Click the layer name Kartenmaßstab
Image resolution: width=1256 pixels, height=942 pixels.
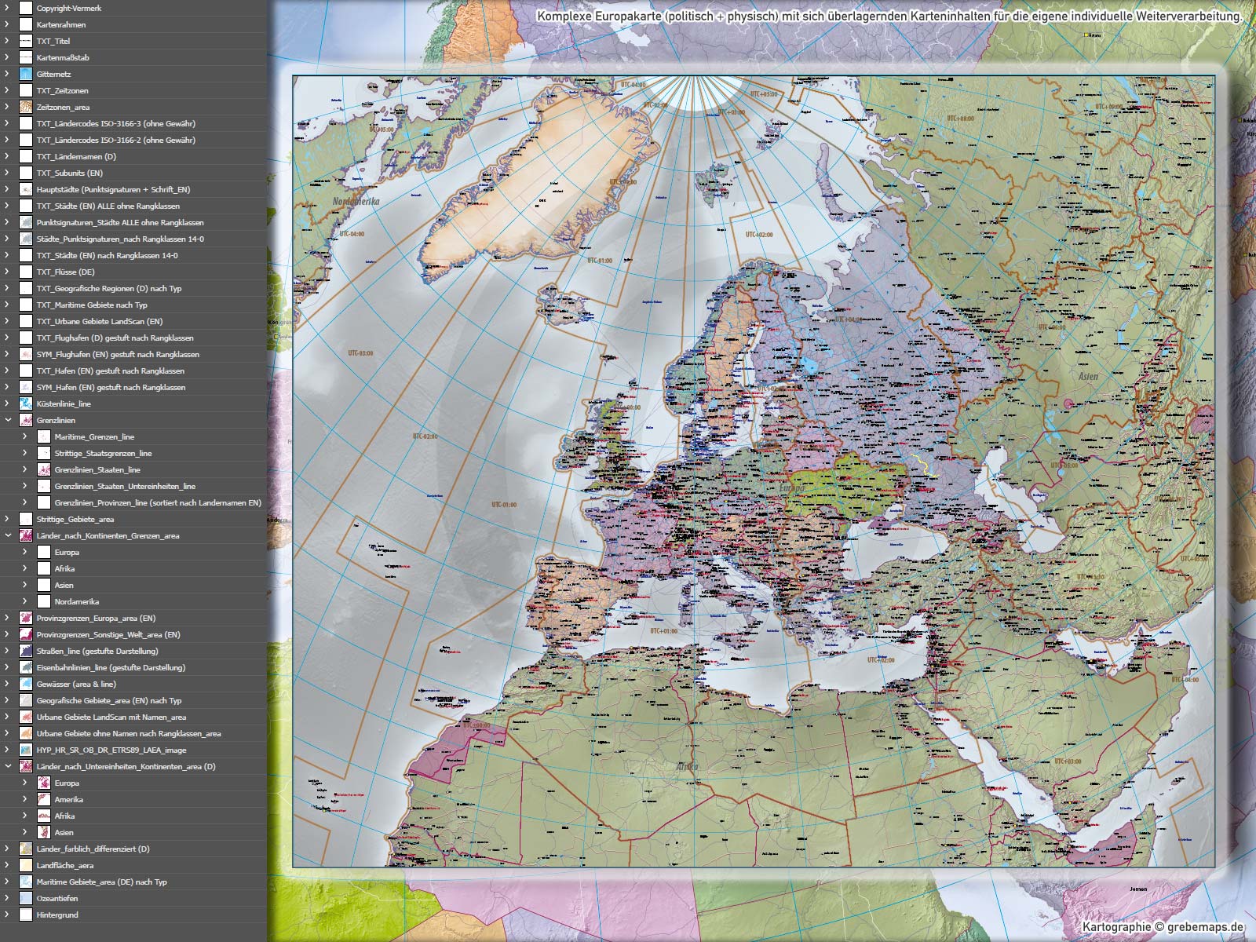coord(63,57)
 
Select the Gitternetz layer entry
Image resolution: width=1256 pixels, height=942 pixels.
coord(53,74)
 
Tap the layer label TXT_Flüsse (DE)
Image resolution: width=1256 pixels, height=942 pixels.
coord(65,272)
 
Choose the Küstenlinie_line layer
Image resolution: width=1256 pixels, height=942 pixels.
coord(64,403)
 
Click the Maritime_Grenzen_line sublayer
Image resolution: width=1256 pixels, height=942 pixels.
coord(94,436)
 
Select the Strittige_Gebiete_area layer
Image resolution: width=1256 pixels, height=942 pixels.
coord(75,519)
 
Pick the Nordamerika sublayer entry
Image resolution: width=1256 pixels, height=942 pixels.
coord(77,601)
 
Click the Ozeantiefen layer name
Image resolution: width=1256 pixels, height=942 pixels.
coord(57,898)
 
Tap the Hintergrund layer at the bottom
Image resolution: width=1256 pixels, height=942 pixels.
coord(57,915)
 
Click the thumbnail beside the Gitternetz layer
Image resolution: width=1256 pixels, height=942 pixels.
coord(26,74)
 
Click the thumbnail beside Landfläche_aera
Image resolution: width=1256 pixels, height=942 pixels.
coord(26,865)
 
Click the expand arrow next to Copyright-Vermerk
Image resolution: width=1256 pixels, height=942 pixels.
coord(7,8)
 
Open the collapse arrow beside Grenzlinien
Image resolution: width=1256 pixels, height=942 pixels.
coord(7,420)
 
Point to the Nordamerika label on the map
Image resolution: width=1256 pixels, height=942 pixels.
coord(356,202)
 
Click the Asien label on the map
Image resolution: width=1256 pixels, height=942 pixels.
coord(1088,377)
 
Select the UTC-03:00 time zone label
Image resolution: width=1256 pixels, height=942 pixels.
coord(361,353)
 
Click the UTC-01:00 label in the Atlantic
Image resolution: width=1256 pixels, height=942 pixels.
coord(504,505)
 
